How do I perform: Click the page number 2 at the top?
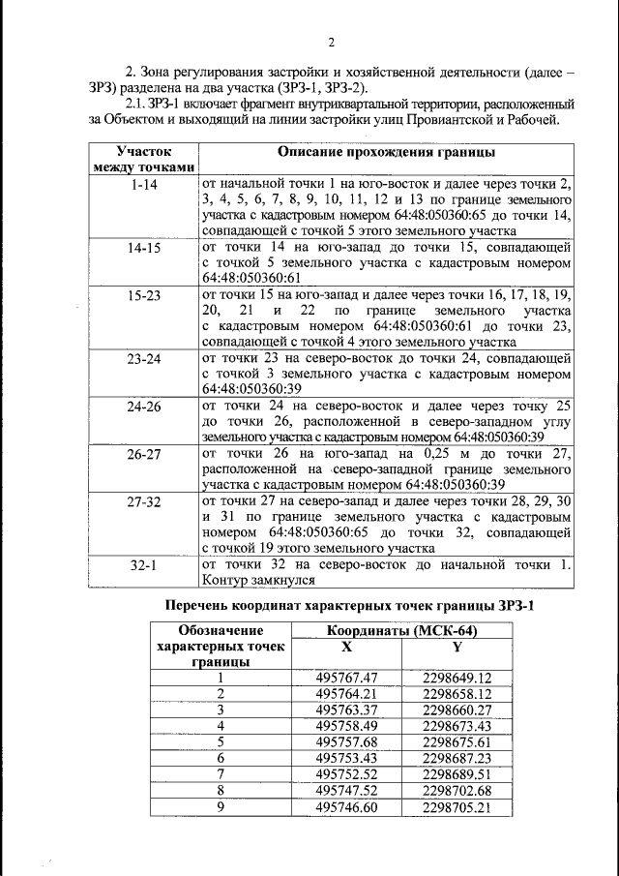(x=330, y=43)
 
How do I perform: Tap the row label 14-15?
(x=144, y=248)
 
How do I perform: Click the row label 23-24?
(x=144, y=358)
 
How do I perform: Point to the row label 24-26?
(x=144, y=407)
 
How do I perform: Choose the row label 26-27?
(x=144, y=453)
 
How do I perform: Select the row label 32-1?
(x=144, y=564)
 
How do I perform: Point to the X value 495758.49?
(x=345, y=725)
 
